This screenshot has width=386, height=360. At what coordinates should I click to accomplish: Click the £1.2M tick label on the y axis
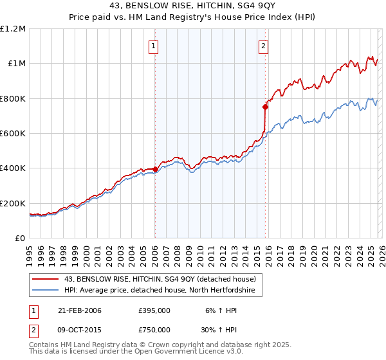[x=13, y=29]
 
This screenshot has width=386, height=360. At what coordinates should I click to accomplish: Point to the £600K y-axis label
[x=13, y=134]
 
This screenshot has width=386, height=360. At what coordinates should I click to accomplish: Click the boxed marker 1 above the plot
[x=154, y=46]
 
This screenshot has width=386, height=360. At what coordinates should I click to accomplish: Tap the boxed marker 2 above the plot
[x=264, y=46]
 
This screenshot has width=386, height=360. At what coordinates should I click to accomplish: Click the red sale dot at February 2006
[x=155, y=170]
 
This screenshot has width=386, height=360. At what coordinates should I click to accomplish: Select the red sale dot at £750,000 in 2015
[x=265, y=107]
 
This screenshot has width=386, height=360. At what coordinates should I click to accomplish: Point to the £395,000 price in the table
[x=154, y=310]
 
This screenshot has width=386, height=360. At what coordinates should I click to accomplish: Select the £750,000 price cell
[x=154, y=330]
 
